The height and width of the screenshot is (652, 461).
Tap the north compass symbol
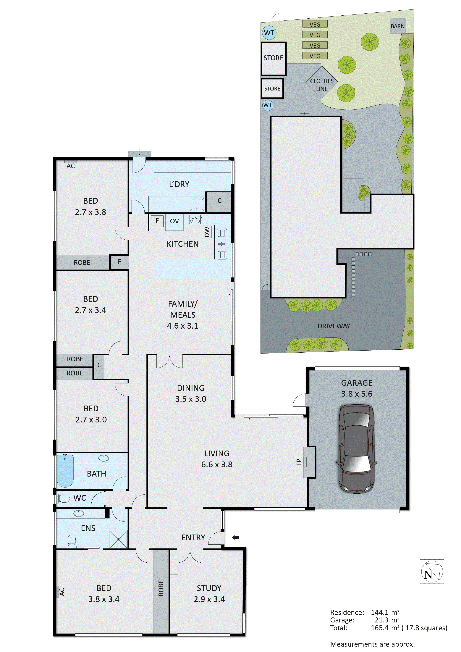(x=432, y=571)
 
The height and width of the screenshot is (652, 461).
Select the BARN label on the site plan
(x=397, y=26)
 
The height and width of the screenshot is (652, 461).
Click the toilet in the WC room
(x=63, y=498)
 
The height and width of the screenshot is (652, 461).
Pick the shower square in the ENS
(x=118, y=539)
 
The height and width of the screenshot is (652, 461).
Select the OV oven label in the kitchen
(x=174, y=221)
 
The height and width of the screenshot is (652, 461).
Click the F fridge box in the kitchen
(x=157, y=220)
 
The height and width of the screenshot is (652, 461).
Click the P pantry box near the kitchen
(x=119, y=262)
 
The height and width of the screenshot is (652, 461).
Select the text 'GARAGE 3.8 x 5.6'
(x=357, y=388)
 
